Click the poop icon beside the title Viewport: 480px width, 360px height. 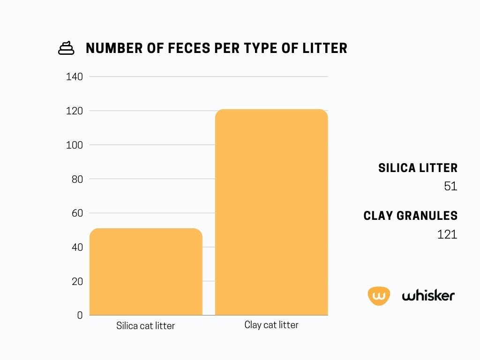pyautogui.click(x=66, y=48)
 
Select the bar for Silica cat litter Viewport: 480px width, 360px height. pyautogui.click(x=146, y=272)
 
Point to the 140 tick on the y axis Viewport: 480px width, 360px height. pyautogui.click(x=74, y=77)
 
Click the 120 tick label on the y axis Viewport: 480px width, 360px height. pyautogui.click(x=74, y=111)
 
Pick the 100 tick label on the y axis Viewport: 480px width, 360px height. pyautogui.click(x=74, y=145)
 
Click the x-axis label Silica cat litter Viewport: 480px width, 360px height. pyautogui.click(x=145, y=326)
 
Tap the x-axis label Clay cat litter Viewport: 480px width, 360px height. pyautogui.click(x=271, y=325)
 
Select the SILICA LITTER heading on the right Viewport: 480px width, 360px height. pyautogui.click(x=418, y=168)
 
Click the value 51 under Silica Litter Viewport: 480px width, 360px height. pyautogui.click(x=450, y=186)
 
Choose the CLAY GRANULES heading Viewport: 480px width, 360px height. pyautogui.click(x=410, y=216)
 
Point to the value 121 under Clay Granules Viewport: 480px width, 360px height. pyautogui.click(x=447, y=234)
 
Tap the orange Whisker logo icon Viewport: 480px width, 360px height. pyautogui.click(x=379, y=296)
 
